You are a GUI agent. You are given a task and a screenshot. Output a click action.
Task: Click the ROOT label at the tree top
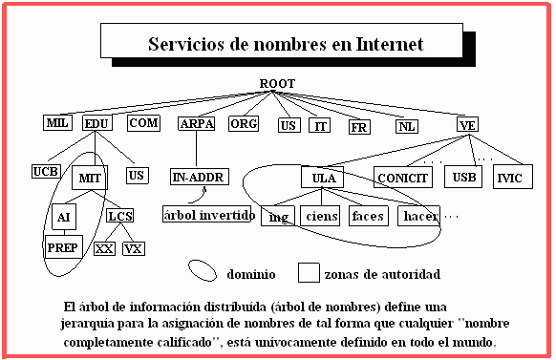pyautogui.click(x=277, y=84)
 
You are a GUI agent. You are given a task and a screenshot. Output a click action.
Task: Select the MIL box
pyautogui.click(x=58, y=122)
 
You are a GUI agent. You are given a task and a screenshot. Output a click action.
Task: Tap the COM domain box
pyautogui.click(x=143, y=123)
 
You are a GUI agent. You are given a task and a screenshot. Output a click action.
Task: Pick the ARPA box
pyautogui.click(x=197, y=124)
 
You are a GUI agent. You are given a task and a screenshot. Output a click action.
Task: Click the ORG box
pyautogui.click(x=244, y=124)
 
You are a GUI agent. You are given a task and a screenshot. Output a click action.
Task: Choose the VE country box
pyautogui.click(x=467, y=124)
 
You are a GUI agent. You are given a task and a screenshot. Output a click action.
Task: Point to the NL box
pyautogui.click(x=407, y=126)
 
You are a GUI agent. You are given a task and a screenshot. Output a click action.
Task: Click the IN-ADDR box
pyautogui.click(x=200, y=177)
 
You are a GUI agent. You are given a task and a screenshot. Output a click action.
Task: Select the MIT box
pyautogui.click(x=90, y=178)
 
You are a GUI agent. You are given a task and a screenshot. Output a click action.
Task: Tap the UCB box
pyautogui.click(x=46, y=171)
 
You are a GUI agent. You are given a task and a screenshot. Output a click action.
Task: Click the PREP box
pyautogui.click(x=63, y=247)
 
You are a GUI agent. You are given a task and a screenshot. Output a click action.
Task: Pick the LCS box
pyautogui.click(x=120, y=216)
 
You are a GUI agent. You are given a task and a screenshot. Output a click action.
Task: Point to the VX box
pyautogui.click(x=134, y=248)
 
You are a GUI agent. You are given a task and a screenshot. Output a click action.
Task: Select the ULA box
pyautogui.click(x=322, y=177)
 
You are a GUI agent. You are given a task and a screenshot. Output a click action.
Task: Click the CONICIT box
pyautogui.click(x=403, y=178)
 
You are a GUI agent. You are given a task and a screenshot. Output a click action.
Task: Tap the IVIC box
pyautogui.click(x=513, y=177)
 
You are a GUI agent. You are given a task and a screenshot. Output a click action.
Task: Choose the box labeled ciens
pyautogui.click(x=320, y=216)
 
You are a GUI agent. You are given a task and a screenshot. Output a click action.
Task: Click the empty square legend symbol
pyautogui.click(x=309, y=272)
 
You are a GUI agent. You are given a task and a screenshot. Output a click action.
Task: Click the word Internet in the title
pyautogui.click(x=390, y=44)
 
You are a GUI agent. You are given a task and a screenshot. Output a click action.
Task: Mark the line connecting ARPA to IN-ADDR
pyautogui.click(x=197, y=150)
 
